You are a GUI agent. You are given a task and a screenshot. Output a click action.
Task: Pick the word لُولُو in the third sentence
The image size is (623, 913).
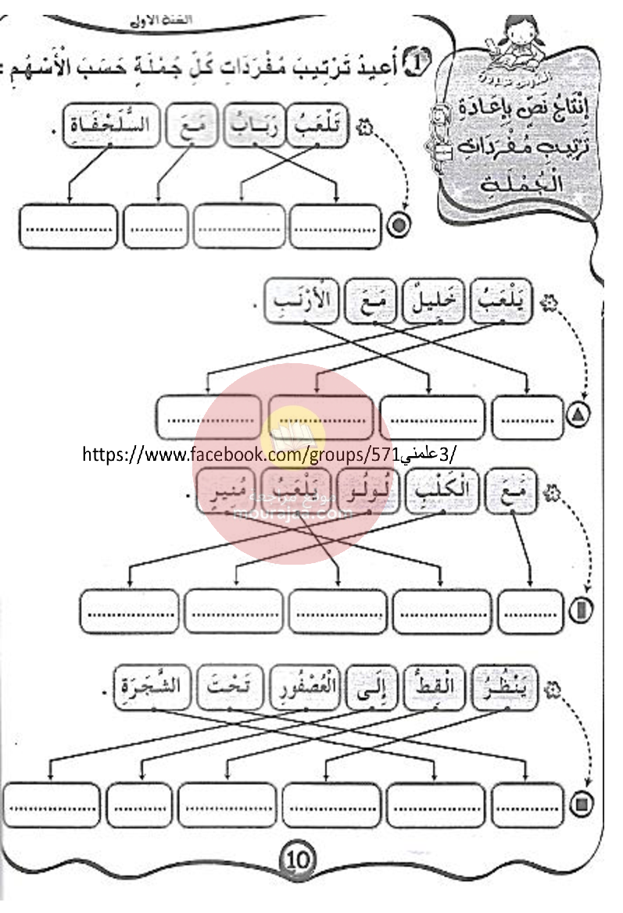(366, 495)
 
